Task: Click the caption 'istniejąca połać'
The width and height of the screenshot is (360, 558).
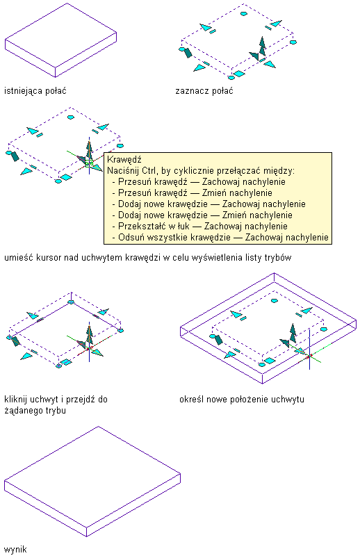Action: point(35,91)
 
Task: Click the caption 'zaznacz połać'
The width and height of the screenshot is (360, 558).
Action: point(204,91)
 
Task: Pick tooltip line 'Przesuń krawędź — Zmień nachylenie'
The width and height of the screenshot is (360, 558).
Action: point(195,193)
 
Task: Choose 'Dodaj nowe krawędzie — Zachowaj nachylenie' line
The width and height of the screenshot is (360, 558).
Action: point(212,204)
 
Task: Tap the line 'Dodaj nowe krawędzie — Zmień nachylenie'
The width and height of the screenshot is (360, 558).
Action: point(205,215)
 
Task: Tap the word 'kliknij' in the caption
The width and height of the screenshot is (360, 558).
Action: point(16,400)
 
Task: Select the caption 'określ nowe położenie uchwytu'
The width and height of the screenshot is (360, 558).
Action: point(242,400)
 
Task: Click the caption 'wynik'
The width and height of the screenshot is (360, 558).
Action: point(15,549)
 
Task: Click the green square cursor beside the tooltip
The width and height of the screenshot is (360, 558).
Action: point(89,163)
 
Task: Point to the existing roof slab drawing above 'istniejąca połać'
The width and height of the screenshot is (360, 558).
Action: point(61,40)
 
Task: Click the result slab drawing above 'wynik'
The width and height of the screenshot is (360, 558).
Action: point(92,482)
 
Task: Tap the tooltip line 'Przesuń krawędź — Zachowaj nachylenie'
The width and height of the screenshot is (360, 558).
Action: point(202,182)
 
